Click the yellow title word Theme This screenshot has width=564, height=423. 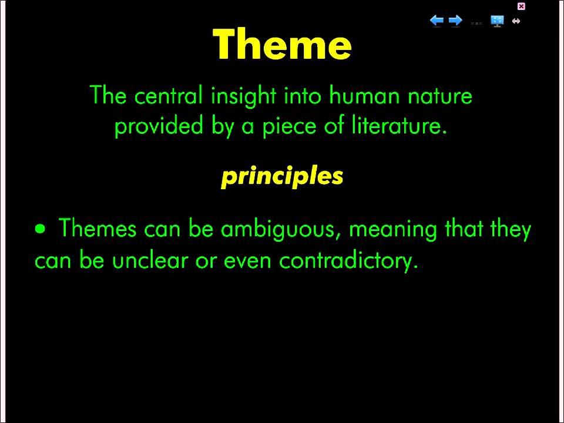click(x=282, y=44)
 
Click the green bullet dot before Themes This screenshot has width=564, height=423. click(x=41, y=229)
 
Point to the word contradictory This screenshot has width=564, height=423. click(x=348, y=260)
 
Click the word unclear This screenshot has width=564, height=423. click(x=150, y=260)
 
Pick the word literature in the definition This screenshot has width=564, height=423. click(x=399, y=126)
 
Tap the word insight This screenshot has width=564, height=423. click(x=243, y=96)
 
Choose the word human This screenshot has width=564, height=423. click(x=364, y=96)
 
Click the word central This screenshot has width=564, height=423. click(x=169, y=96)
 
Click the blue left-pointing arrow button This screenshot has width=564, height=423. click(x=437, y=21)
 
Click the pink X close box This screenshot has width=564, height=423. click(x=521, y=6)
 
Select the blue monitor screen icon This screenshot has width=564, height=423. click(x=497, y=21)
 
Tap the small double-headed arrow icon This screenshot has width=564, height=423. click(x=516, y=21)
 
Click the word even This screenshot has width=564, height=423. click(x=247, y=260)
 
